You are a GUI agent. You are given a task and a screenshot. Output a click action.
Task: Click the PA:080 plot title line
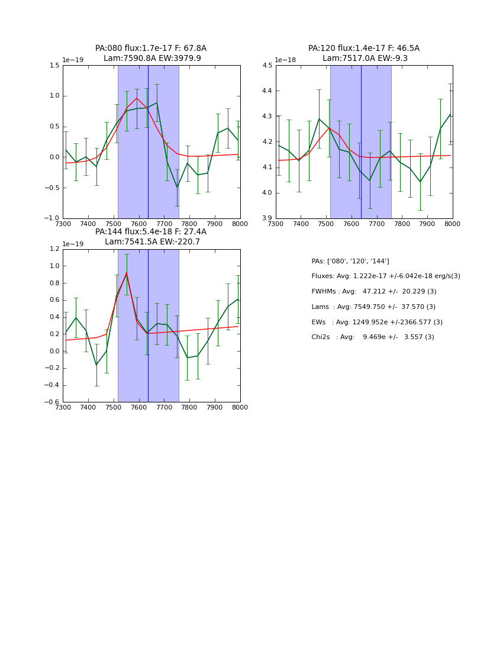tap(151, 49)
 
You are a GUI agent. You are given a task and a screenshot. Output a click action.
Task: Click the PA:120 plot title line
tap(363, 49)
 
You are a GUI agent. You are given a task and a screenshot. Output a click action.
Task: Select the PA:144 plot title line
tap(151, 232)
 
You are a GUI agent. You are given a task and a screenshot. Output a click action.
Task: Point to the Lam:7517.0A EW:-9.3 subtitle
tap(365, 59)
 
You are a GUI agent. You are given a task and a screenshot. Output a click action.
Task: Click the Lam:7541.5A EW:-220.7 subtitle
tap(152, 242)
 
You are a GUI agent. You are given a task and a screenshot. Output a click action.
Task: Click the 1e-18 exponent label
tap(285, 60)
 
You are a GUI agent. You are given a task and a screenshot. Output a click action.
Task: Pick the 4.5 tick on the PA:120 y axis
tap(267, 66)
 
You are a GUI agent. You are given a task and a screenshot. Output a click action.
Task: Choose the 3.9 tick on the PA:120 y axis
tap(267, 218)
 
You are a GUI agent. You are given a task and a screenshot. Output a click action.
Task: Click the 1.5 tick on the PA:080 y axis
tap(54, 66)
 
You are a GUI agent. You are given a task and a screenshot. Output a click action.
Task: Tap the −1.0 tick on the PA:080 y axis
tap(52, 218)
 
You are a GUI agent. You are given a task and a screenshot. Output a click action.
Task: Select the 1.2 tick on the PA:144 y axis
tap(54, 249)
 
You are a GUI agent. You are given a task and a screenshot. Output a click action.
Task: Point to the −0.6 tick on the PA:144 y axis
tap(52, 402)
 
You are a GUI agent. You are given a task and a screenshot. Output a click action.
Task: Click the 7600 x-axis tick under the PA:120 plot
tap(352, 224)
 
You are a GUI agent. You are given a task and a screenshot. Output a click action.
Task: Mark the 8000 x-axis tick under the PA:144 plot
tap(240, 408)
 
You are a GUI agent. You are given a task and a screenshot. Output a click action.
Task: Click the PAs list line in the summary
tap(350, 262)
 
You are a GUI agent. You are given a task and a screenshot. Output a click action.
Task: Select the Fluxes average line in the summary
tap(386, 276)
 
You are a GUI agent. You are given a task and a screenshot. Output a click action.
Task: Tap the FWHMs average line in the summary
tap(374, 292)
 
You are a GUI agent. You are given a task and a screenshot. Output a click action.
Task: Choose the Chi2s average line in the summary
tap(373, 337)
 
